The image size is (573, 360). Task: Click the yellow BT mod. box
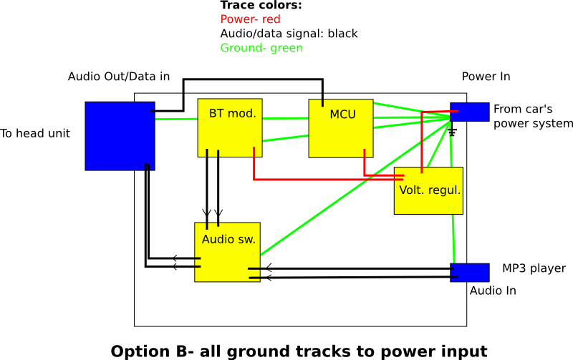click(229, 127)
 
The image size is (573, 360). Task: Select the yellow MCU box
click(341, 129)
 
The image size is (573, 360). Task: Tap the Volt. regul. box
click(428, 191)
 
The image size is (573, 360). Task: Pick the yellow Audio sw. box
click(227, 252)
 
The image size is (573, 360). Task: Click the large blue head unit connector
click(120, 135)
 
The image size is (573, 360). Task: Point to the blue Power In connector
click(469, 112)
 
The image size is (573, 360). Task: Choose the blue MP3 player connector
click(469, 273)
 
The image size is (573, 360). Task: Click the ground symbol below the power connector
click(452, 132)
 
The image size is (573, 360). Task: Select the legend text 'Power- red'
click(250, 19)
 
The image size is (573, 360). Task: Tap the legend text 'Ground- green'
click(261, 48)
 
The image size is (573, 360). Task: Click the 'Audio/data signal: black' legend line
click(289, 34)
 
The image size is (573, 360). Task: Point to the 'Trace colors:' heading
click(261, 6)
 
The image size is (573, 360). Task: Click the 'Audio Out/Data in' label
click(118, 77)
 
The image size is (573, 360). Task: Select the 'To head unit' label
click(35, 133)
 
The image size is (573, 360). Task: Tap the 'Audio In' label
click(493, 291)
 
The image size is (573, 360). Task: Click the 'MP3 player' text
click(534, 268)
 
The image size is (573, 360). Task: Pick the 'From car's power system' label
click(533, 116)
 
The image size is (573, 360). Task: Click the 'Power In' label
click(486, 77)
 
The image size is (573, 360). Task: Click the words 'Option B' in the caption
click(150, 351)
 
